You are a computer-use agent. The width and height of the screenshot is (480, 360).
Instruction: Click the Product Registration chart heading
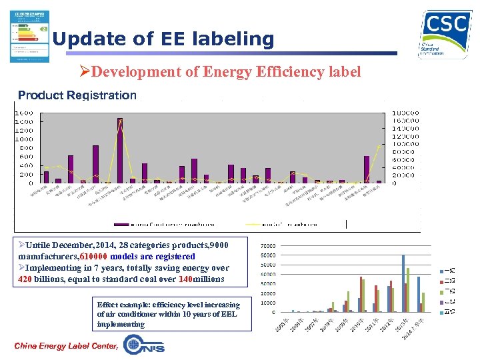pyautogui.click(x=77, y=95)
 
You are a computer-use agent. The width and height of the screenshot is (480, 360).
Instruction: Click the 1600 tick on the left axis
pyautogui.click(x=25, y=113)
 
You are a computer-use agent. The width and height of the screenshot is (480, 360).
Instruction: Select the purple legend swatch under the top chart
pyautogui.click(x=121, y=223)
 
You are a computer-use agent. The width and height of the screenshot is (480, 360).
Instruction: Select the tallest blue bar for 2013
pyautogui.click(x=403, y=283)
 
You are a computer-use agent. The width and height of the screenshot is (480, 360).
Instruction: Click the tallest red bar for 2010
pyautogui.click(x=361, y=294)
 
